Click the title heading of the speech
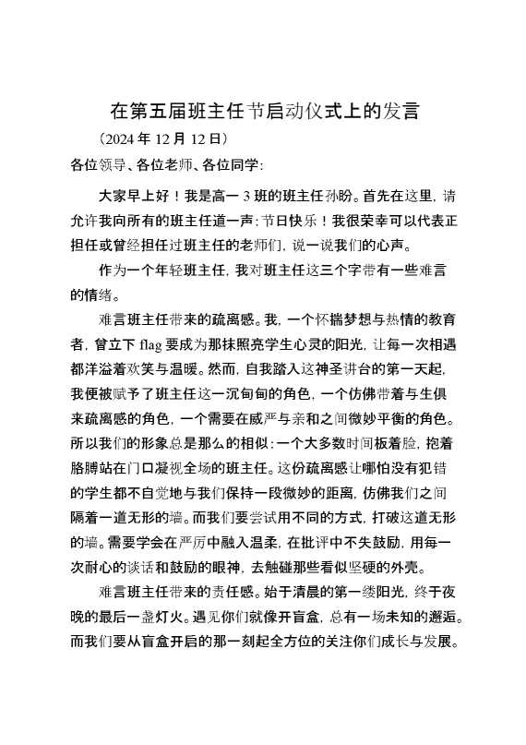[265, 113]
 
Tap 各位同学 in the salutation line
[231, 165]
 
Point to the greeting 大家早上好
[133, 196]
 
